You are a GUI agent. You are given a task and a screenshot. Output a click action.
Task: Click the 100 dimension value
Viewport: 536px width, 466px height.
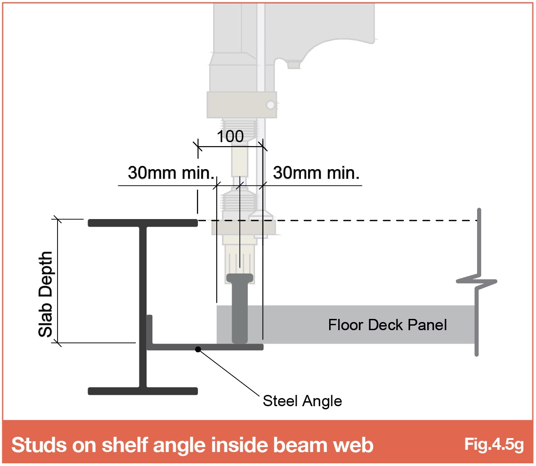tap(230, 136)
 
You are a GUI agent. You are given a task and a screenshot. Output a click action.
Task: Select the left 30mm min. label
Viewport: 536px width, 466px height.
tap(171, 173)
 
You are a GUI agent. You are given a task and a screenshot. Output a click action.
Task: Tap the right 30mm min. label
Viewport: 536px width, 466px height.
tap(316, 173)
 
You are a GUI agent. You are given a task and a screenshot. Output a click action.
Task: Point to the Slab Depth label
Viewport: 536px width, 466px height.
tap(45, 294)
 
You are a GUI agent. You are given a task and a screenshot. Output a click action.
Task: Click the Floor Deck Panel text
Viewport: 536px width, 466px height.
tap(387, 325)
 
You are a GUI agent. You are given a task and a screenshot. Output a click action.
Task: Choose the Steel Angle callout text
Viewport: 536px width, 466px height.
tap(302, 401)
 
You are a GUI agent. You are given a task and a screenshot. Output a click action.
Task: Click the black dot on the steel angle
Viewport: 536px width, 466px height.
tap(198, 349)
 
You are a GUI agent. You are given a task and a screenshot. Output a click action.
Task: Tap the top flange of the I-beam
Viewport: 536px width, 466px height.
tap(143, 223)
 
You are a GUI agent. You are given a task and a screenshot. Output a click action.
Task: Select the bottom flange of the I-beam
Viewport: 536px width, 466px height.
tap(143, 391)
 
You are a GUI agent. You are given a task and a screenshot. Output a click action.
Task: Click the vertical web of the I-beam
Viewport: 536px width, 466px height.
tap(143, 307)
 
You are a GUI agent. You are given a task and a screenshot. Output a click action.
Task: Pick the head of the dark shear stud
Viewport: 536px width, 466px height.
tap(240, 278)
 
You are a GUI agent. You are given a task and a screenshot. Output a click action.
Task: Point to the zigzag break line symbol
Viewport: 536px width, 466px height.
tap(477, 282)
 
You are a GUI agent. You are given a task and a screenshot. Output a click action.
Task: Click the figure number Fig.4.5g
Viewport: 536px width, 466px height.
tap(494, 444)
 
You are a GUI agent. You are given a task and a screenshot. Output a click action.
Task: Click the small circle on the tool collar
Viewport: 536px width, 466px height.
tap(271, 105)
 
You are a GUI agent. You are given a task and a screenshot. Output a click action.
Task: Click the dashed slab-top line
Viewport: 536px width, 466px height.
tap(338, 220)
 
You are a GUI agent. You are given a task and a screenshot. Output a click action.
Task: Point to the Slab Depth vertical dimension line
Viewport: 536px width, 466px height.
tap(58, 281)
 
